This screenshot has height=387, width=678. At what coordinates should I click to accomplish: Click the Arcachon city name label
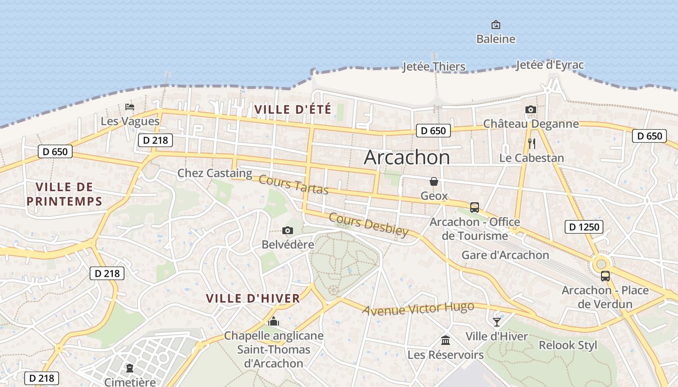(407, 157)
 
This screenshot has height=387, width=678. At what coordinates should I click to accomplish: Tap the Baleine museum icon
(495, 25)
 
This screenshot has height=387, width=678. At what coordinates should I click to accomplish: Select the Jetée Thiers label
(434, 67)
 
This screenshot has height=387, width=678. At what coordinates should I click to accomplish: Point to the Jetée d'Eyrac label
(550, 65)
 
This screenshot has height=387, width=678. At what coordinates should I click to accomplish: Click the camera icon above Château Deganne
(531, 110)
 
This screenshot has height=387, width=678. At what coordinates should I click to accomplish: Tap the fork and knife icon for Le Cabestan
(531, 143)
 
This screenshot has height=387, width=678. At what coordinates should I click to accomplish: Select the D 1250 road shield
(584, 226)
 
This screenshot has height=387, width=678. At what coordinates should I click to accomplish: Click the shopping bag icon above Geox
(434, 181)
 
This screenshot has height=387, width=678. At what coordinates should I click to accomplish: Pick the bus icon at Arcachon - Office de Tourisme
(475, 208)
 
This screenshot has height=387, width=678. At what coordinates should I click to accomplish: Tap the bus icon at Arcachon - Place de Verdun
(605, 276)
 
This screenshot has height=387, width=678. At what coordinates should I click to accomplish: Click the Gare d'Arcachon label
(505, 255)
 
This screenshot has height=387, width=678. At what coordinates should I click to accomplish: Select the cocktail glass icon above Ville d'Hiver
(497, 322)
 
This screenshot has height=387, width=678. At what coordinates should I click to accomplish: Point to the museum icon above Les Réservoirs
(446, 341)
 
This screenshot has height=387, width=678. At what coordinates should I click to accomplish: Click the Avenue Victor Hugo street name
(418, 309)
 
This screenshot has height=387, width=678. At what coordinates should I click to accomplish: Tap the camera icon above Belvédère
(288, 230)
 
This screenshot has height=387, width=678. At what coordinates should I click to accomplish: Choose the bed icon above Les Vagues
(130, 107)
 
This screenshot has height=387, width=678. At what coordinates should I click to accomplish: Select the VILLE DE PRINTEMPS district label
(64, 194)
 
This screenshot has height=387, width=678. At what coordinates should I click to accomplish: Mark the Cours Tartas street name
(293, 185)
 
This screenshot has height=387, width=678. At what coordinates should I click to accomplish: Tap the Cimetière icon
(130, 368)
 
